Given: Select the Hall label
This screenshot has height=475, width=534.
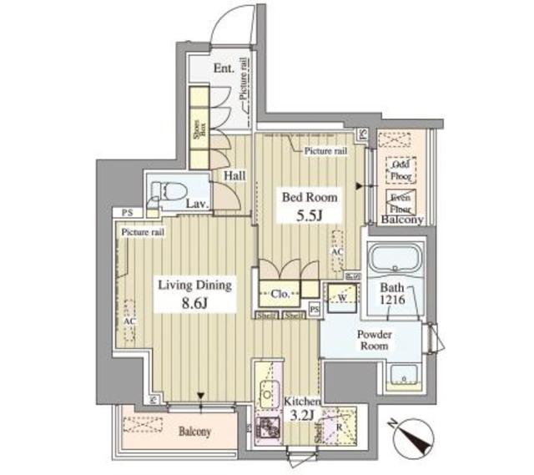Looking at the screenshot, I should pyautogui.click(x=234, y=176).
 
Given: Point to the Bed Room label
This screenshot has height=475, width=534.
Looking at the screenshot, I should pyautogui.click(x=310, y=198).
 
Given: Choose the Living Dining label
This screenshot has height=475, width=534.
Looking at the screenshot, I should pyautogui.click(x=194, y=286).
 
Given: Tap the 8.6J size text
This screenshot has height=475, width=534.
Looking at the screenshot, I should pyautogui.click(x=194, y=305).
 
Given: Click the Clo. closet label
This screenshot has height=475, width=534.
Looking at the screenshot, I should pyautogui.click(x=280, y=294).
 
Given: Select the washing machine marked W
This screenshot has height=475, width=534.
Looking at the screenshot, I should pyautogui.click(x=342, y=296).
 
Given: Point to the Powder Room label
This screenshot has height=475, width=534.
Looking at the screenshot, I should pyautogui.click(x=375, y=340).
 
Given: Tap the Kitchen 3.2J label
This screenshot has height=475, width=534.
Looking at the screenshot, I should pyautogui.click(x=300, y=407).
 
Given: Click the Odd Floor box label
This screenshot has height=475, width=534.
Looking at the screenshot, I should pyautogui.click(x=400, y=170).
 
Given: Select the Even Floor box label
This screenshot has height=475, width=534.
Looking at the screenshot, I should pyautogui.click(x=400, y=202).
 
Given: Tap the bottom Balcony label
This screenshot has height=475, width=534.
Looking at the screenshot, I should pyautogui.click(x=193, y=432).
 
